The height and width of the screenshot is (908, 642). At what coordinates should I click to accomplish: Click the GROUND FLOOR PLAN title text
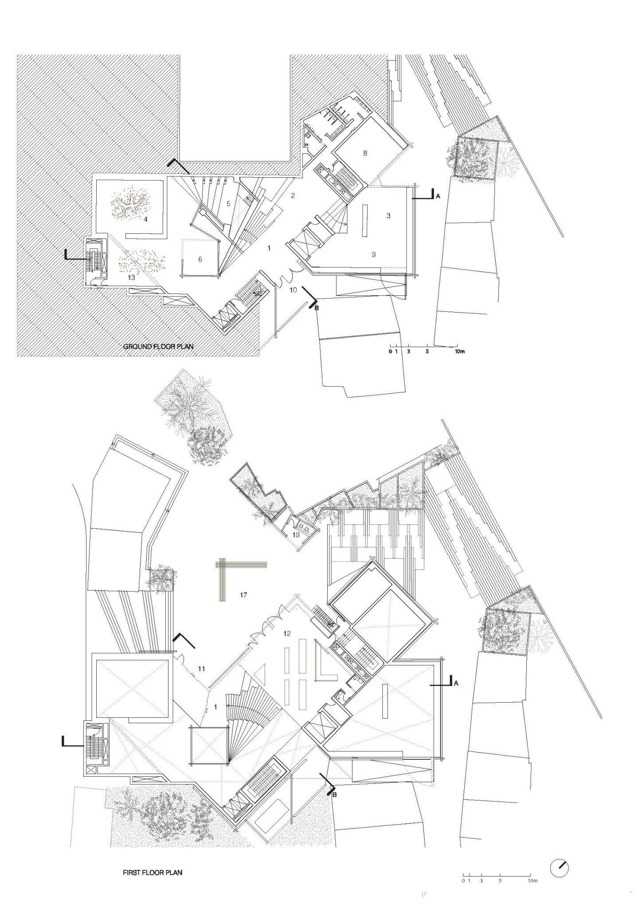tap(158, 346)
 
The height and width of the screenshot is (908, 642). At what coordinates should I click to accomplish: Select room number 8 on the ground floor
tap(365, 153)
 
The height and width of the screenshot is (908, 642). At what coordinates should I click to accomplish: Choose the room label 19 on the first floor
tap(296, 535)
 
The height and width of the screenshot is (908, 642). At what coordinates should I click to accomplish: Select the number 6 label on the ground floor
tap(200, 259)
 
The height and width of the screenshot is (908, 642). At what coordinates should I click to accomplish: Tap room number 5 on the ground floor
tap(228, 204)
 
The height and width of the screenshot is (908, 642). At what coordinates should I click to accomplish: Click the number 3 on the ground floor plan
tap(388, 216)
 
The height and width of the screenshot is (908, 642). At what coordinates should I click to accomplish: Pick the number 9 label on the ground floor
tap(373, 254)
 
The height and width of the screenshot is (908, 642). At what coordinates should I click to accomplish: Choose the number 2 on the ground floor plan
tap(293, 196)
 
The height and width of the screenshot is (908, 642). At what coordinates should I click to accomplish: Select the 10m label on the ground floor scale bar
tap(459, 352)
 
